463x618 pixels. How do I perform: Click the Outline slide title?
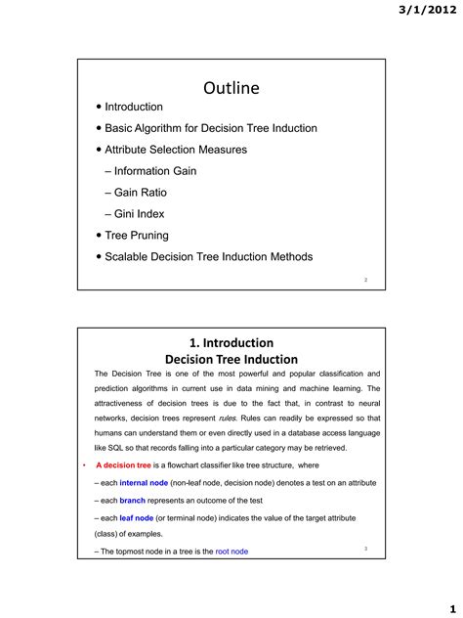[x=231, y=88]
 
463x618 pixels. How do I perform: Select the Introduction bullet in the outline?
[x=134, y=107]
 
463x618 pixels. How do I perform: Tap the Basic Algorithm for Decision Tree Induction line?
[x=210, y=128]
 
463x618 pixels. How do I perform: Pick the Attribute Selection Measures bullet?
[x=176, y=150]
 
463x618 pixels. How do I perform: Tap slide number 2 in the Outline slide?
[x=365, y=280]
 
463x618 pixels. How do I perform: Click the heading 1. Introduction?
[x=231, y=342]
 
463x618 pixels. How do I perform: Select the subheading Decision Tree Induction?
[x=231, y=360]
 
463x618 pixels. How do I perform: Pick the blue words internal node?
[x=144, y=483]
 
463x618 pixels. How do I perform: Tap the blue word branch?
[x=132, y=501]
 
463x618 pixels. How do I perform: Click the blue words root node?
[x=231, y=552]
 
